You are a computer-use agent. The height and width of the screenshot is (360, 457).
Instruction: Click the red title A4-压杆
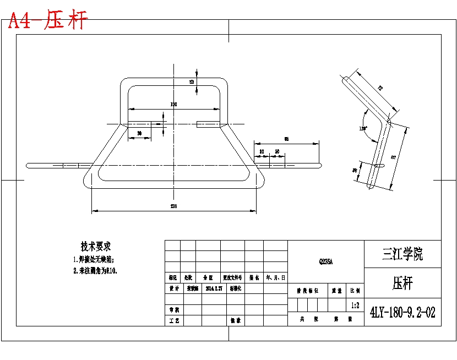click(x=48, y=21)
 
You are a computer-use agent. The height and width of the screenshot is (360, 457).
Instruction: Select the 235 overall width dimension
click(x=174, y=206)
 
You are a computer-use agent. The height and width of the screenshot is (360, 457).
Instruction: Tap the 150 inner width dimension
click(x=173, y=104)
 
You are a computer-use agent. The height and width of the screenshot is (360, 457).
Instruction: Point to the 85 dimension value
click(x=286, y=139)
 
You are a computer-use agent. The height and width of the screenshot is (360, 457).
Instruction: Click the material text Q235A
click(x=325, y=262)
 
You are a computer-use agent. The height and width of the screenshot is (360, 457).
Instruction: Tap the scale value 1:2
click(x=355, y=304)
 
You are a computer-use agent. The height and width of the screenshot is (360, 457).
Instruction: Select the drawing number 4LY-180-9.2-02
click(x=402, y=313)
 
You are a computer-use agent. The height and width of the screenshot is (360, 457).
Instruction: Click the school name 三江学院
click(x=402, y=254)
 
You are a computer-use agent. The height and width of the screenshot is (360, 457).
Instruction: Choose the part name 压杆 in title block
click(x=402, y=283)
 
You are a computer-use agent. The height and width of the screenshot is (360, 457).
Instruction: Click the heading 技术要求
click(x=96, y=246)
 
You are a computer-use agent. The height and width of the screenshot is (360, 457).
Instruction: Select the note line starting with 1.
click(x=94, y=259)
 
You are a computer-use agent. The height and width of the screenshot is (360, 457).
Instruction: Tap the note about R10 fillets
click(x=96, y=271)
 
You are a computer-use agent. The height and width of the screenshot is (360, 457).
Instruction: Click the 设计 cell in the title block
click(x=174, y=288)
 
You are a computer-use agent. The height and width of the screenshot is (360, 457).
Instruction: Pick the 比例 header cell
click(x=355, y=290)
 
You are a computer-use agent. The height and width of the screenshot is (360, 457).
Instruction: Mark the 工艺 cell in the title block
click(x=174, y=320)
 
